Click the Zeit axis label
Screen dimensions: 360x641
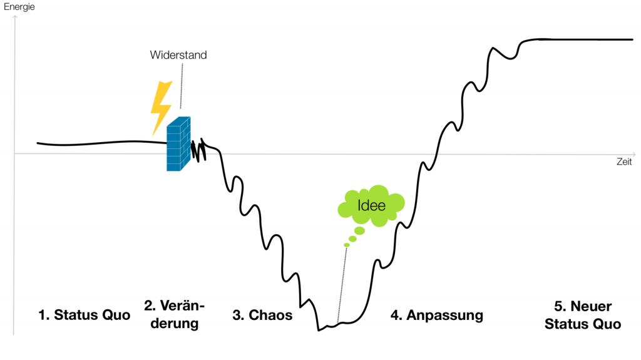pyautogui.click(x=623, y=162)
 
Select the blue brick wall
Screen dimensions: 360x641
pyautogui.click(x=178, y=144)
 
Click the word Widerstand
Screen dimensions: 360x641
pyautogui.click(x=178, y=55)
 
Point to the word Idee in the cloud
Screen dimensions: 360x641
pyautogui.click(x=371, y=205)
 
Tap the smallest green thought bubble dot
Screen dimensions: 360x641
pyautogui.click(x=346, y=245)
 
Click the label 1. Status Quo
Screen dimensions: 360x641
pyautogui.click(x=84, y=315)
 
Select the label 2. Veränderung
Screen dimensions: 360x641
pyautogui.click(x=175, y=314)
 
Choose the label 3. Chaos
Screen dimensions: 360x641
pyautogui.click(x=262, y=315)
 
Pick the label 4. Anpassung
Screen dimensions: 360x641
pyautogui.click(x=437, y=315)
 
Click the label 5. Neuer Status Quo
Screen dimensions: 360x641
pyautogui.click(x=583, y=315)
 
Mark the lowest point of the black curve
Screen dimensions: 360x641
pyautogui.click(x=319, y=329)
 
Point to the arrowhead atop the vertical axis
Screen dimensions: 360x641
pyautogui.click(x=14, y=19)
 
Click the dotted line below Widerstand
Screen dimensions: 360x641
pyautogui.click(x=182, y=88)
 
